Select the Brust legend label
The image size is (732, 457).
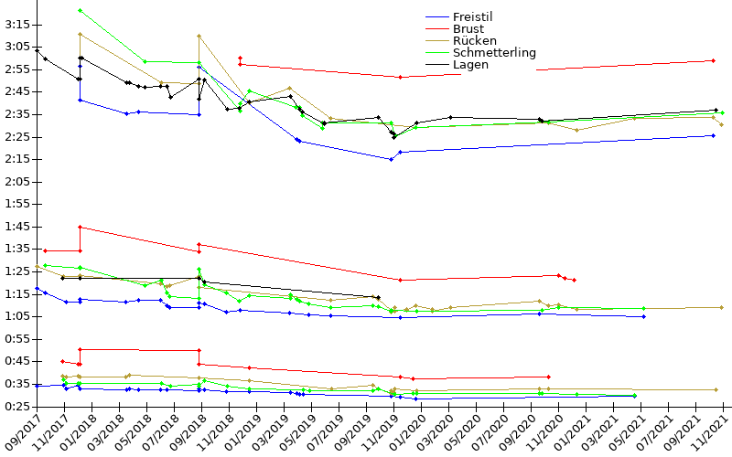tap(468, 28)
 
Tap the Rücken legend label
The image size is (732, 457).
tap(475, 40)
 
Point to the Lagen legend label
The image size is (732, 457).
tap(470, 64)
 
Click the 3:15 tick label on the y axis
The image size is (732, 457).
tap(17, 24)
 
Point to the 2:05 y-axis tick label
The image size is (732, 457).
tap(17, 181)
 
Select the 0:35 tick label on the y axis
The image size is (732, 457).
tap(17, 383)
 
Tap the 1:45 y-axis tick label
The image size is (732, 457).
tap(17, 226)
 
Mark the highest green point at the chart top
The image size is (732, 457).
tap(81, 10)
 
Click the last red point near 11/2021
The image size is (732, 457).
tap(713, 60)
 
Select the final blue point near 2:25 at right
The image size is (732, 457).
tap(713, 135)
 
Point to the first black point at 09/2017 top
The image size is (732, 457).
tap(37, 50)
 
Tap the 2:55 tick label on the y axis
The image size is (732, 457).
tap(17, 69)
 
